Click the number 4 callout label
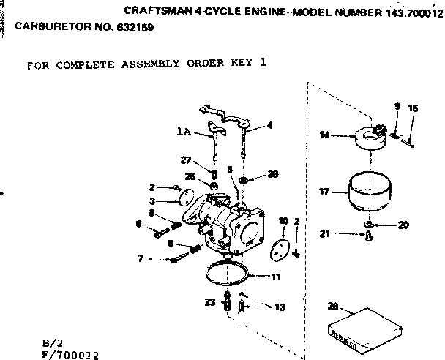pyautogui.click(x=270, y=125)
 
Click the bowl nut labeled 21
pyautogui.click(x=368, y=236)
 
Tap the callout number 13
pyautogui.click(x=278, y=307)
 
